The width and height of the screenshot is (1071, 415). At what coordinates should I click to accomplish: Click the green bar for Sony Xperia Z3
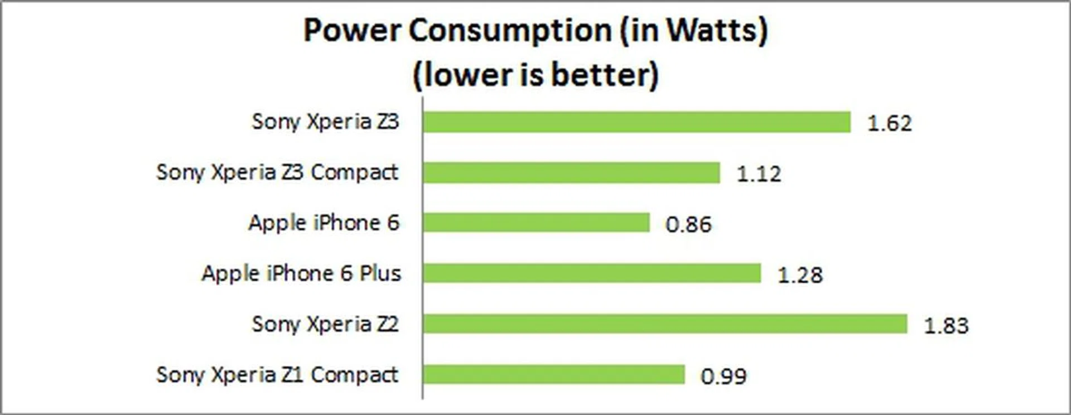click(x=636, y=122)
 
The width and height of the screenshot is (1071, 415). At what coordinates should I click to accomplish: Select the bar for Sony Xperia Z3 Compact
click(x=571, y=173)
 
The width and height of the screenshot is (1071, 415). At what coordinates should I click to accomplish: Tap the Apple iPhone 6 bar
click(x=536, y=223)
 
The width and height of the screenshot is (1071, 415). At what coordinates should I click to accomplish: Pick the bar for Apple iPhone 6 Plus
click(x=592, y=273)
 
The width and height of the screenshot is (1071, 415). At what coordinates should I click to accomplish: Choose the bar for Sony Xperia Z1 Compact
click(x=553, y=374)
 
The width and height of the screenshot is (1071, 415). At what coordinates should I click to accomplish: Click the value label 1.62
click(x=889, y=123)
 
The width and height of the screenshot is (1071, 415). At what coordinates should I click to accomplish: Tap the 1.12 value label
click(x=759, y=174)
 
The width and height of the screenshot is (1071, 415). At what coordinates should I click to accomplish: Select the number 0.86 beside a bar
click(x=688, y=224)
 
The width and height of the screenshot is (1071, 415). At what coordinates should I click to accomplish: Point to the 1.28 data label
click(x=800, y=275)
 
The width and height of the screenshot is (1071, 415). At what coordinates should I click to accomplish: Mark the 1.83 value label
click(x=946, y=326)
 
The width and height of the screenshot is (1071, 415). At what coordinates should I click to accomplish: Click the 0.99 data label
click(x=723, y=377)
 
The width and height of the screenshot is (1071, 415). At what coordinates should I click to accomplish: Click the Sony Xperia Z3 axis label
click(x=325, y=122)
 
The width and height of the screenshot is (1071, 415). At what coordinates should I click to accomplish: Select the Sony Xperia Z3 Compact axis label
click(x=277, y=172)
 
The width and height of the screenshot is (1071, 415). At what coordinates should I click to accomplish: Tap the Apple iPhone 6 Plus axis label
click(x=301, y=273)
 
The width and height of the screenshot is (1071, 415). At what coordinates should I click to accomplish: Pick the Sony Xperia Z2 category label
click(x=325, y=324)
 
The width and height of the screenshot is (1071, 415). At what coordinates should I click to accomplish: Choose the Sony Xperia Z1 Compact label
click(x=277, y=375)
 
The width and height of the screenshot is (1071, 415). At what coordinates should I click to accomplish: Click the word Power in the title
click(x=352, y=30)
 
